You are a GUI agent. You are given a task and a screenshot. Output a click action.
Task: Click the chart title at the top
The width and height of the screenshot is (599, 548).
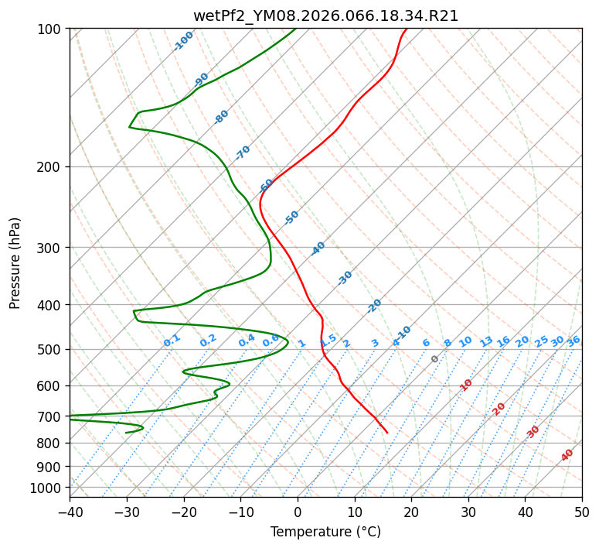(325, 16)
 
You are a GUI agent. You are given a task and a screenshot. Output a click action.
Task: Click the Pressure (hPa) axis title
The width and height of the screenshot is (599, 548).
(16, 262)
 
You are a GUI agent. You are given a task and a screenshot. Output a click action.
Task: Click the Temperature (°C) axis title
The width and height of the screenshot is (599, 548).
(325, 532)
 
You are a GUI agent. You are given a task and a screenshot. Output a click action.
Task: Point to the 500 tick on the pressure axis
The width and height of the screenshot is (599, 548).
(50, 349)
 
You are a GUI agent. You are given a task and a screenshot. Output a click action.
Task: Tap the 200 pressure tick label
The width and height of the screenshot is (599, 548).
(50, 166)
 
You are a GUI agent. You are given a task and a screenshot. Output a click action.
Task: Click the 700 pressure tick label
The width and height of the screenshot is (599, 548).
(50, 416)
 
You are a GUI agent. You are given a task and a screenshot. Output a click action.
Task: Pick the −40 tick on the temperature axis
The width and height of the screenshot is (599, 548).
(70, 512)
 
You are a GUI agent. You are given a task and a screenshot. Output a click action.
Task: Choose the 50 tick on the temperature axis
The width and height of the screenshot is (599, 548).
(582, 512)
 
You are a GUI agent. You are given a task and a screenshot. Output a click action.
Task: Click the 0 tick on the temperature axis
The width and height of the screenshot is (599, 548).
(298, 512)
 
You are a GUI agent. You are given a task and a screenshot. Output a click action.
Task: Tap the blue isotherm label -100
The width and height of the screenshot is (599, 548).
(183, 41)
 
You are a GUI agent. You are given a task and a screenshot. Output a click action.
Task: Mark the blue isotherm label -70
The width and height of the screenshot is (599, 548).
(243, 152)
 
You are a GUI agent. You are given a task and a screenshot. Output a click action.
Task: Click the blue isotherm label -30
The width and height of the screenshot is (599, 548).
(345, 278)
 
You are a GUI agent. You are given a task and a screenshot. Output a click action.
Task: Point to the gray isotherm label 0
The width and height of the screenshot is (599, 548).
(435, 359)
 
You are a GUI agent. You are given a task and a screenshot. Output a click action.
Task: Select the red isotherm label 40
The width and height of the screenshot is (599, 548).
(567, 455)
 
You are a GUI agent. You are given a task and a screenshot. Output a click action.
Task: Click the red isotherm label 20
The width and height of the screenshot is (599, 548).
(499, 408)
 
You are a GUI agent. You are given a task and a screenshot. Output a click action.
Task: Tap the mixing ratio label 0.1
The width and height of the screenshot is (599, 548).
(172, 340)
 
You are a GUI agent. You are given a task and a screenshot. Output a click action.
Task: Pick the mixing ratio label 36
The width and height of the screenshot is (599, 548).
(573, 341)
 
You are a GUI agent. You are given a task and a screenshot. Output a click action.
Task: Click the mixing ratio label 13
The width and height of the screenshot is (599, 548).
(486, 341)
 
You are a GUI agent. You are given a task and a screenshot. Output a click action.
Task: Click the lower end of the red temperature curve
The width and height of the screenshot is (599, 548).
(387, 433)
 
